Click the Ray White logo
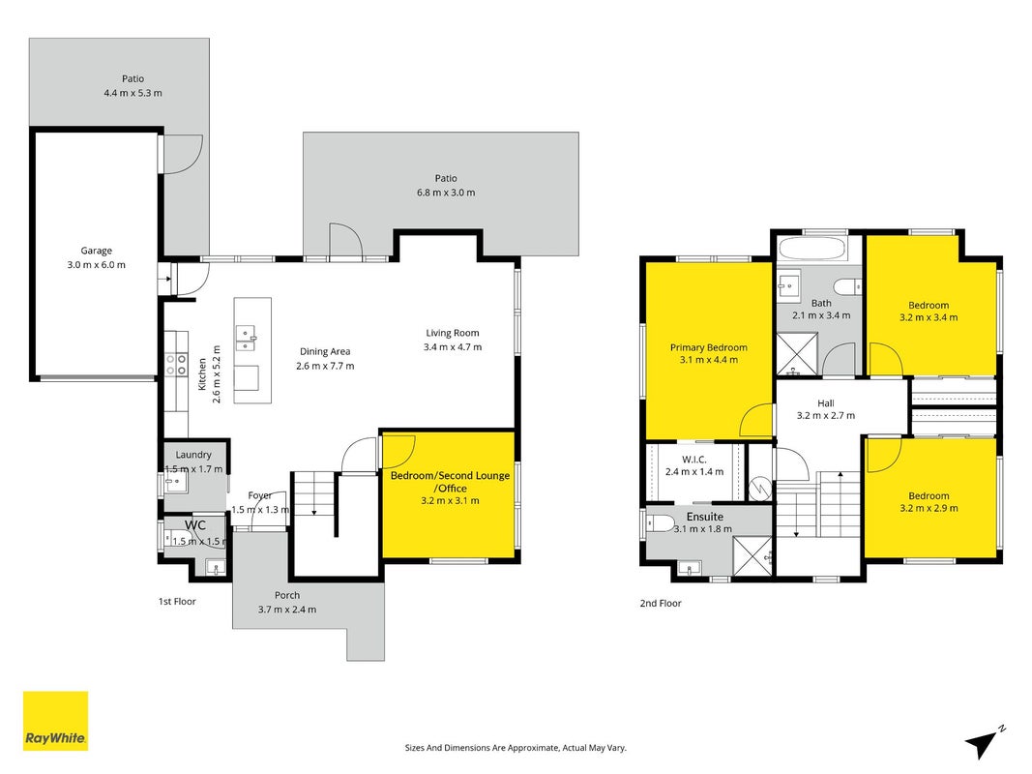point(55,721)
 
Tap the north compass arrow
point(982,743)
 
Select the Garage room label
point(96,251)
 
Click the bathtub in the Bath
point(811,249)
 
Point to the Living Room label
point(452,333)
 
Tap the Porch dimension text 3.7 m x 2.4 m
point(287,610)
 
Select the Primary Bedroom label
point(709,347)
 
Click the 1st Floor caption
point(177,602)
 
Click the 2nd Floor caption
point(661,603)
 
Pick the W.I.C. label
point(694,460)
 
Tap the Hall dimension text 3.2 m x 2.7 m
point(826,415)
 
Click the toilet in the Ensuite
point(661,523)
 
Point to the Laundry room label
point(193,455)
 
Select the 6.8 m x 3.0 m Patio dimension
point(446,193)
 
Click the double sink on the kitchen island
point(246,338)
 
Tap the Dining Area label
point(325,351)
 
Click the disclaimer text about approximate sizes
point(516,748)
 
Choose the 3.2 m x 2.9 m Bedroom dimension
point(929,508)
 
